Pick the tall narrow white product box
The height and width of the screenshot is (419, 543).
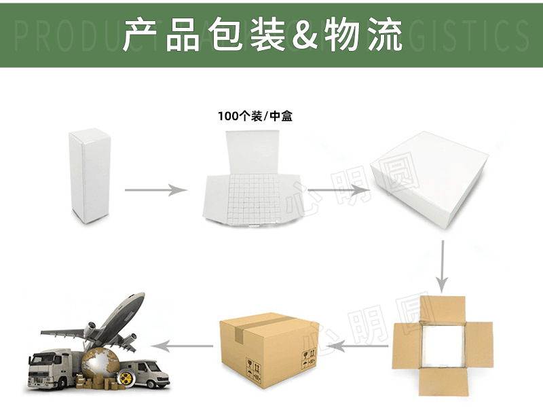90,176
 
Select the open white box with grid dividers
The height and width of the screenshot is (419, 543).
252,184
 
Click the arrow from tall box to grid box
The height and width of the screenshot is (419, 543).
155,190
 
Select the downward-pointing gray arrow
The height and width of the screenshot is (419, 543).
442,265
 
